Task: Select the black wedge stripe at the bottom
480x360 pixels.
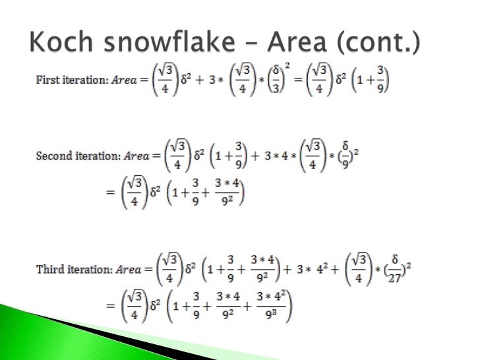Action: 105,336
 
